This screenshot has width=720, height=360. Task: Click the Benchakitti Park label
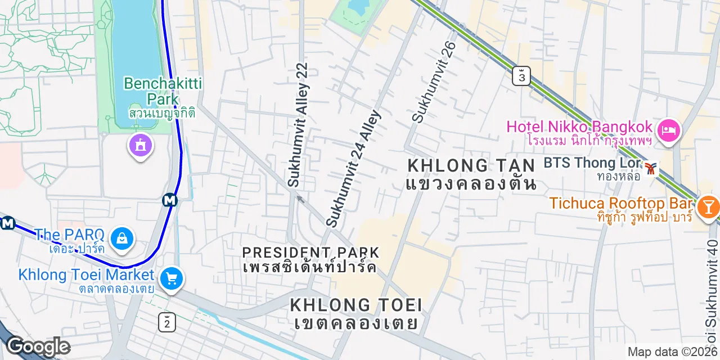click(163, 92)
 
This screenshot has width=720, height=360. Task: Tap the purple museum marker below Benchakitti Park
click(140, 146)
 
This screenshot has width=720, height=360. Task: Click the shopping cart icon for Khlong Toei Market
click(171, 278)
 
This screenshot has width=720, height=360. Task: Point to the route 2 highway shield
click(167, 322)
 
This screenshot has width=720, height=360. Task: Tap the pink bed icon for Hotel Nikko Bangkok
click(669, 131)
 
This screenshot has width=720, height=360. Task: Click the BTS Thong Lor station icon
click(651, 168)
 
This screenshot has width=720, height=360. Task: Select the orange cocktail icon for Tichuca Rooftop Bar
click(707, 208)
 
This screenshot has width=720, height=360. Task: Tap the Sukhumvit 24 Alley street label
click(354, 168)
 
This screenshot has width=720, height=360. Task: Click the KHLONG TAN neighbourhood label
click(471, 165)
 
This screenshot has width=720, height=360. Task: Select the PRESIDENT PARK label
click(310, 252)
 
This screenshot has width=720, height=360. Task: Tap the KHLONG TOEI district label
click(356, 305)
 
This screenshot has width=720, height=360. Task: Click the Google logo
click(38, 346)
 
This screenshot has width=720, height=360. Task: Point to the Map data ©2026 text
click(673, 352)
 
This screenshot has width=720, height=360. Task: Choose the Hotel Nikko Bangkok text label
click(579, 127)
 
